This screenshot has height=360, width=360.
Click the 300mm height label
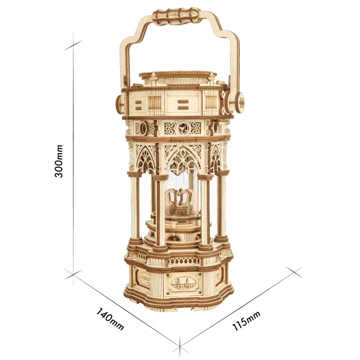pyautogui.click(x=59, y=161)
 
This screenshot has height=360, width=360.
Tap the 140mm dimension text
pyautogui.click(x=110, y=319)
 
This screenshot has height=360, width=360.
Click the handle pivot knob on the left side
pyautogui.click(x=119, y=104)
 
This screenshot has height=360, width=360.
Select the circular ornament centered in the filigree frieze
pyautogui.click(x=182, y=128)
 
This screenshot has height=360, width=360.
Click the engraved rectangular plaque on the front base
pyautogui.click(x=184, y=283)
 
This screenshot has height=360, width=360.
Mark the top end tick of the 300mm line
pyautogui.click(x=73, y=45)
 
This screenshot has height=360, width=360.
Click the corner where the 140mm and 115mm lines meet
pyautogui.click(x=180, y=347)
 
